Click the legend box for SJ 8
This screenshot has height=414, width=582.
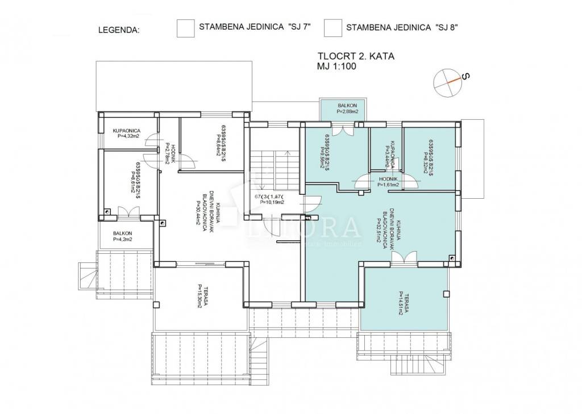(x=332, y=28)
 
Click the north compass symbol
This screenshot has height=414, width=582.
(x=448, y=82)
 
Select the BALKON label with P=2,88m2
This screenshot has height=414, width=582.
(x=347, y=108)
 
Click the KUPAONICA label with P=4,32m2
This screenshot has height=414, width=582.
(x=127, y=133)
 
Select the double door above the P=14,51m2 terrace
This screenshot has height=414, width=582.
(x=405, y=258)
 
